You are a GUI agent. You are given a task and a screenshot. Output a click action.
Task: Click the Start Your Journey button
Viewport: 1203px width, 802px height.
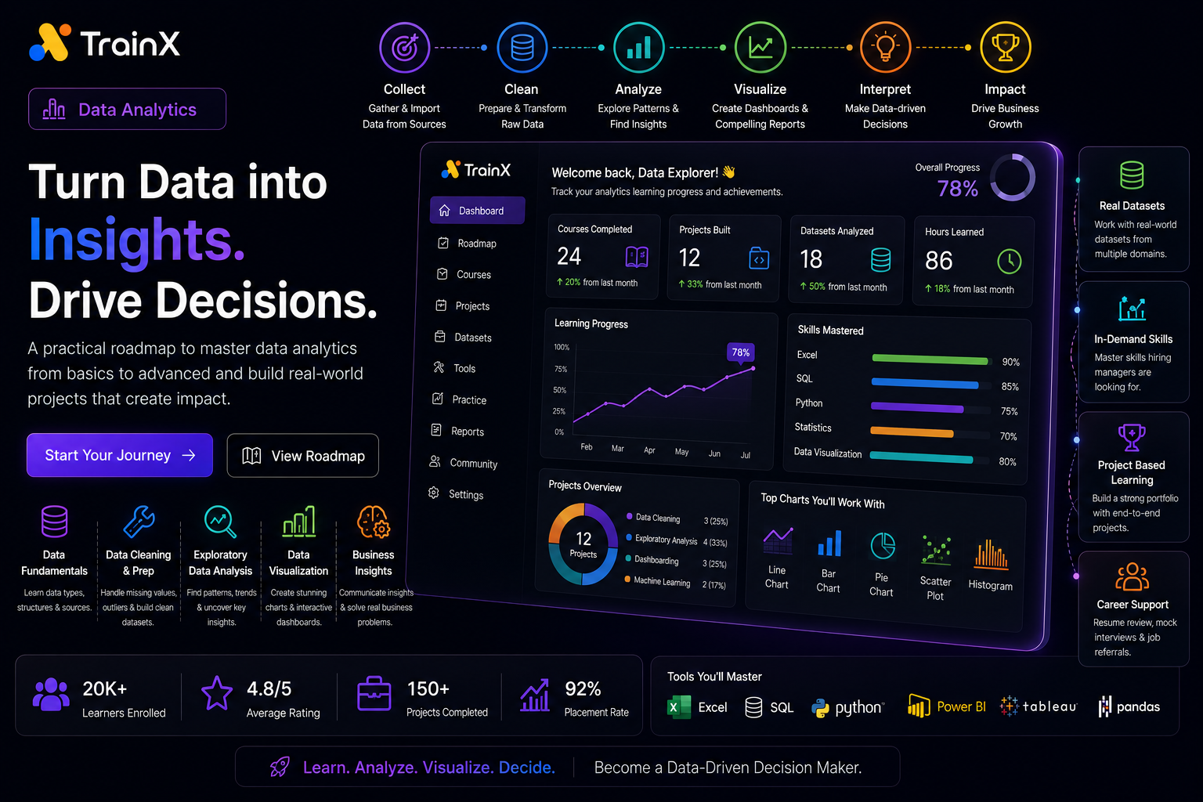(x=120, y=455)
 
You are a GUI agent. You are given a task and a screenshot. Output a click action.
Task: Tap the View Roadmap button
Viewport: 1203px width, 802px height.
(x=303, y=456)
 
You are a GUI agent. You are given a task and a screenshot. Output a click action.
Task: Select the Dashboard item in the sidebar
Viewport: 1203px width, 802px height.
(x=477, y=210)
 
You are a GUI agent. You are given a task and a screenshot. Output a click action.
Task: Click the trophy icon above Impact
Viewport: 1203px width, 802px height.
(x=1006, y=47)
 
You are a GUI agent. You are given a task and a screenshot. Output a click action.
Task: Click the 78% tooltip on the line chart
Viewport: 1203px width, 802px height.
(x=741, y=352)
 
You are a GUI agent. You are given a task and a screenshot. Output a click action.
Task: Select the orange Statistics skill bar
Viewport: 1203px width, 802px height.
(x=912, y=432)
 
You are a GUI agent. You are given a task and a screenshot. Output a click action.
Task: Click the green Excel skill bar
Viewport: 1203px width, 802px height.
(x=930, y=359)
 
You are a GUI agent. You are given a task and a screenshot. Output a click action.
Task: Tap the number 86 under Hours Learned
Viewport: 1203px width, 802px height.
(x=938, y=261)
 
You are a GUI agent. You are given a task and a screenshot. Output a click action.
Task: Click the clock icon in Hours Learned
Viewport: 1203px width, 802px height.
(x=1009, y=261)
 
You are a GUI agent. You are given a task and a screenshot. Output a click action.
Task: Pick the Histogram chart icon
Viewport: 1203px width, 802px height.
(x=991, y=555)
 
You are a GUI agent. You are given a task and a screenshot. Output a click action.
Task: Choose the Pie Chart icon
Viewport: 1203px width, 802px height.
(x=883, y=546)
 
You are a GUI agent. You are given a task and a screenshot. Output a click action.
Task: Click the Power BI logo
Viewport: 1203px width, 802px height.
(x=919, y=706)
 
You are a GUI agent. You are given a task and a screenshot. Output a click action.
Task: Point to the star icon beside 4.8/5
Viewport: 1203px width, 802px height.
(x=217, y=693)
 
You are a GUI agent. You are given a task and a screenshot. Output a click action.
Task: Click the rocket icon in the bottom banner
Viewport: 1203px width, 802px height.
(x=280, y=767)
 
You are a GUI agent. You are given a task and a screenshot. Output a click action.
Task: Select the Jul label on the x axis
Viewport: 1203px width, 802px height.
(x=746, y=455)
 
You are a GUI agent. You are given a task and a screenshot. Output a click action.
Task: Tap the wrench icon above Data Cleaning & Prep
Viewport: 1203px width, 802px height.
(x=139, y=521)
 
